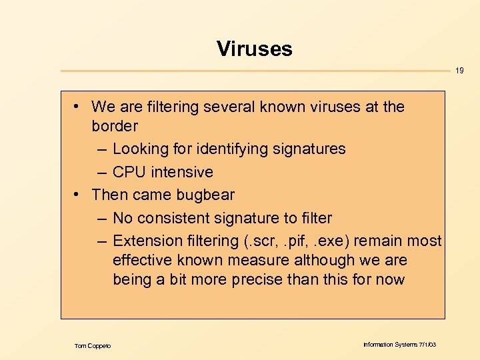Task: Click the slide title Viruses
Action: (254, 49)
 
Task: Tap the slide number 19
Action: (460, 71)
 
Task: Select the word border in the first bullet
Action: (115, 126)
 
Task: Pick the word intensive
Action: (182, 172)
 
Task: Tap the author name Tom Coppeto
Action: (93, 345)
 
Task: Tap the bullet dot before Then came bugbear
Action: (78, 195)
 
